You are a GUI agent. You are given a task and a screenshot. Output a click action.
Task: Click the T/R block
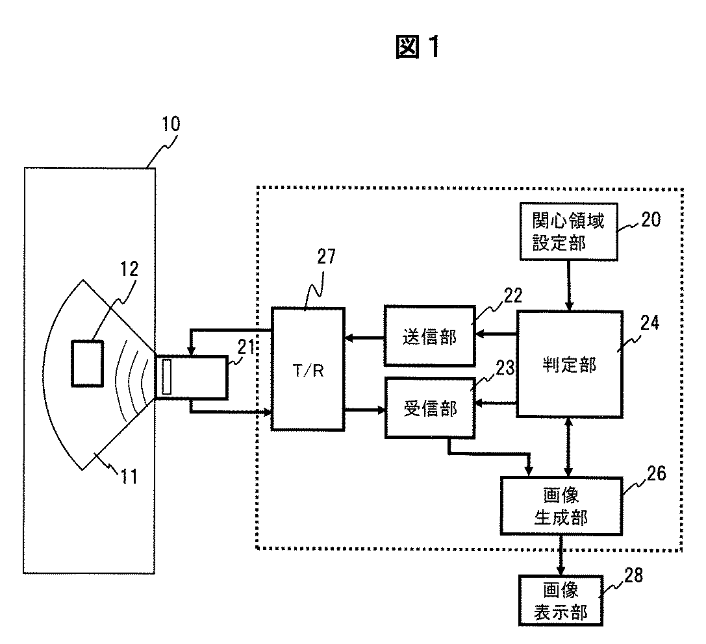click(308, 369)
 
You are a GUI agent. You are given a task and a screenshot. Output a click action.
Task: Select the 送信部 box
click(430, 336)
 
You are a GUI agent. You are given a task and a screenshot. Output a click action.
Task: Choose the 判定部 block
click(570, 364)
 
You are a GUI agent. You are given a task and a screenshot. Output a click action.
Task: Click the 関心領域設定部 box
click(569, 231)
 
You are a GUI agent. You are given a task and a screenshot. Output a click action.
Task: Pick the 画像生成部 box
click(561, 506)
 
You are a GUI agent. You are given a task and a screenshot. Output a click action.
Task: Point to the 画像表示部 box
click(561, 601)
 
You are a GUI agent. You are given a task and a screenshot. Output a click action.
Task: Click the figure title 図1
click(418, 46)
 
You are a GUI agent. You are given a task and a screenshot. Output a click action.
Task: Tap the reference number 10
click(171, 124)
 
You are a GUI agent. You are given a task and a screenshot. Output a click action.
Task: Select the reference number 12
click(129, 269)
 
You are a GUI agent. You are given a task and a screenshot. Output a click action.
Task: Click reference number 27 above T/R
click(327, 256)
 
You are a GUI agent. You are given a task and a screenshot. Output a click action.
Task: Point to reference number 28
click(633, 575)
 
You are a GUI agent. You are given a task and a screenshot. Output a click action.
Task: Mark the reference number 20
click(651, 219)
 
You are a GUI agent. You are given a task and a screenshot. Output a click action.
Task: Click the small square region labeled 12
click(87, 364)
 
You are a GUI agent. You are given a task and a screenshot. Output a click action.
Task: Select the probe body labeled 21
click(191, 378)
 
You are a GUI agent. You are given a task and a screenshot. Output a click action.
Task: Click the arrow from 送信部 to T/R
click(364, 337)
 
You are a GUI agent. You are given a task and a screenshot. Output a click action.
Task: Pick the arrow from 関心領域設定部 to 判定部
click(569, 286)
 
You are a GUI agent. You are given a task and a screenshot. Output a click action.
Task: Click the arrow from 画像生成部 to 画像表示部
click(561, 555)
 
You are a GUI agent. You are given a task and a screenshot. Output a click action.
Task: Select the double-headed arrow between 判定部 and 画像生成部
click(569, 447)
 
